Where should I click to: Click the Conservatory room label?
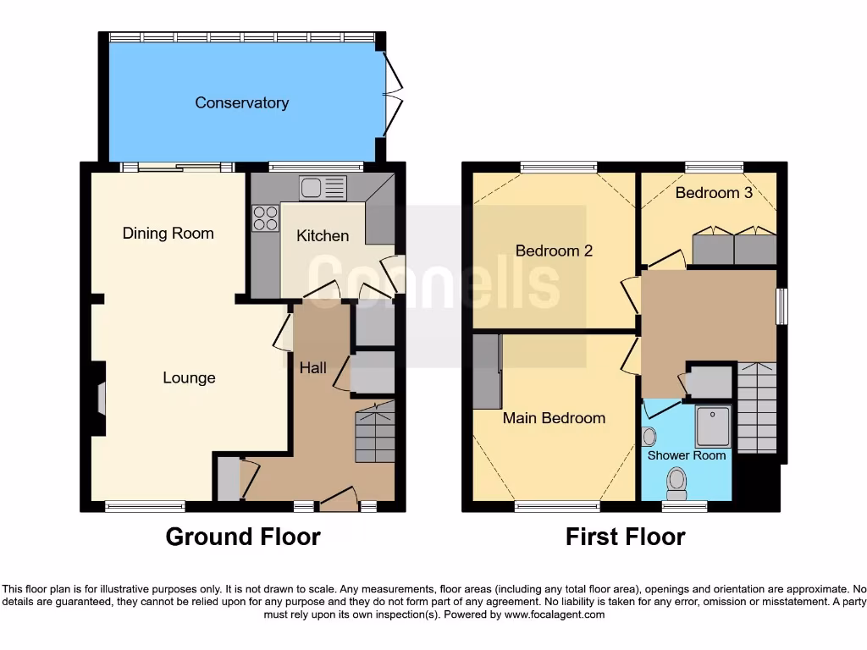241,102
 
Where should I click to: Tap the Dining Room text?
168,233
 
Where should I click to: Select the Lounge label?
189,377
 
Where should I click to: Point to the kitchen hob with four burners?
266,218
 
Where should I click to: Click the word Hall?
312,367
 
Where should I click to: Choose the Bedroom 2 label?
554,251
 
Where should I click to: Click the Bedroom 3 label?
714,192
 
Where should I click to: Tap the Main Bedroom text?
554,417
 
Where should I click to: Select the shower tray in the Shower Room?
713,427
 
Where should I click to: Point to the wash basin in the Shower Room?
649,437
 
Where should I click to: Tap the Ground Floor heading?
243,537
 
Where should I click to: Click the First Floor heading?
625,537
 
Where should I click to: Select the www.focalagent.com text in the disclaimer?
555,614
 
